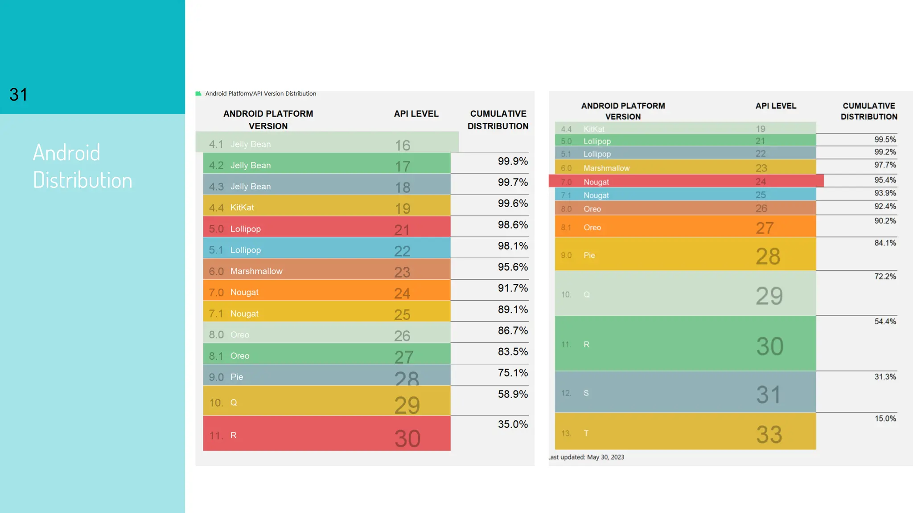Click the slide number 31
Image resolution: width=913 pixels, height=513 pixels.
[18, 94]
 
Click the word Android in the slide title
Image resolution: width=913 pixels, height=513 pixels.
[67, 153]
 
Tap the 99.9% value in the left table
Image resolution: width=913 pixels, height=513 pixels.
[513, 161]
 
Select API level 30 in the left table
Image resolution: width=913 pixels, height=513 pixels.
[407, 439]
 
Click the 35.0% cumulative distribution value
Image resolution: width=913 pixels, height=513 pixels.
[513, 424]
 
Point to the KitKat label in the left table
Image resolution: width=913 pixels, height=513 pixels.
[242, 208]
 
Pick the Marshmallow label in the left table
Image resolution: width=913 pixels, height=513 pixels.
[256, 271]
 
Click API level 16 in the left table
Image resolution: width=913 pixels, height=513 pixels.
[402, 145]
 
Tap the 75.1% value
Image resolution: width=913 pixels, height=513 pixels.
[513, 373]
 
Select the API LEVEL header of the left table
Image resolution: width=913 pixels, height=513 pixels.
[416, 114]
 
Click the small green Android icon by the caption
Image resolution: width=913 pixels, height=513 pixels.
[198, 94]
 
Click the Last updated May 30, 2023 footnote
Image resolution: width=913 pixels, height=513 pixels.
[586, 457]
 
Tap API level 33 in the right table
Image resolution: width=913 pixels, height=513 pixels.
[769, 435]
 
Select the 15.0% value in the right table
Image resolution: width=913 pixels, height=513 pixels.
[885, 419]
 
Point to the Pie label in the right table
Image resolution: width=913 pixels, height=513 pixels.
[589, 255]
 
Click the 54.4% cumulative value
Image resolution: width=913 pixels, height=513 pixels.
[885, 322]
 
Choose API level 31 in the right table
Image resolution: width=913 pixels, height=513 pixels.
[769, 395]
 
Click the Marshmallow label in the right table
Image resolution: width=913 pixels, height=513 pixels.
[606, 168]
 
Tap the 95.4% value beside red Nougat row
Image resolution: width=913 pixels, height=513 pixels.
[885, 180]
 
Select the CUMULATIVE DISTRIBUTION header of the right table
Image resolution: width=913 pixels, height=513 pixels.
[869, 111]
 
